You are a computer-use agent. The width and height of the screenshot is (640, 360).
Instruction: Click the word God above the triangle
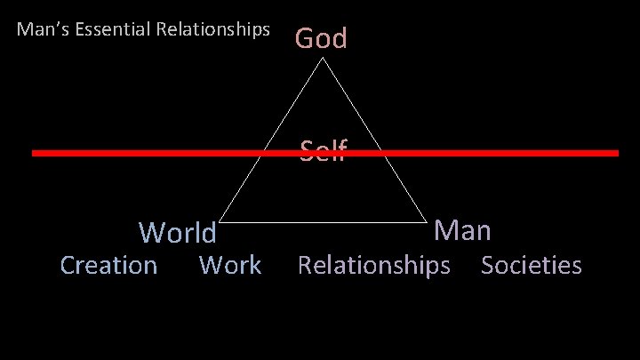click(321, 38)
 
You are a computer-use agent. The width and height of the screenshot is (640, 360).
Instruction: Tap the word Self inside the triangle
click(323, 150)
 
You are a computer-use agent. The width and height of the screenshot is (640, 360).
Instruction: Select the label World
click(177, 233)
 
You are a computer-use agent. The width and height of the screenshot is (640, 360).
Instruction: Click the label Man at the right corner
click(462, 231)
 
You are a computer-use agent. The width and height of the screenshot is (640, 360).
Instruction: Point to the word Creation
click(108, 265)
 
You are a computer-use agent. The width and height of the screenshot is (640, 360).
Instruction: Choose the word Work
click(230, 265)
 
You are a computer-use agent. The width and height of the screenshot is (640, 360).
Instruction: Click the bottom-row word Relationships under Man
click(373, 265)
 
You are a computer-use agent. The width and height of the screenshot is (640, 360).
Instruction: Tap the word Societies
click(532, 265)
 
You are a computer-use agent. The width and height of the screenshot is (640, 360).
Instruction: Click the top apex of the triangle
click(323, 59)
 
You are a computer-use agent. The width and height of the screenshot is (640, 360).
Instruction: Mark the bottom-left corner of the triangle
click(219, 221)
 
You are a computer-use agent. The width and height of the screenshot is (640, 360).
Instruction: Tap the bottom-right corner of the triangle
click(427, 221)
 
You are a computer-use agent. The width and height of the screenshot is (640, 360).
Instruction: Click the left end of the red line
click(35, 153)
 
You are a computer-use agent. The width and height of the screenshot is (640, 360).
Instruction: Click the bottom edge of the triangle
click(323, 221)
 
